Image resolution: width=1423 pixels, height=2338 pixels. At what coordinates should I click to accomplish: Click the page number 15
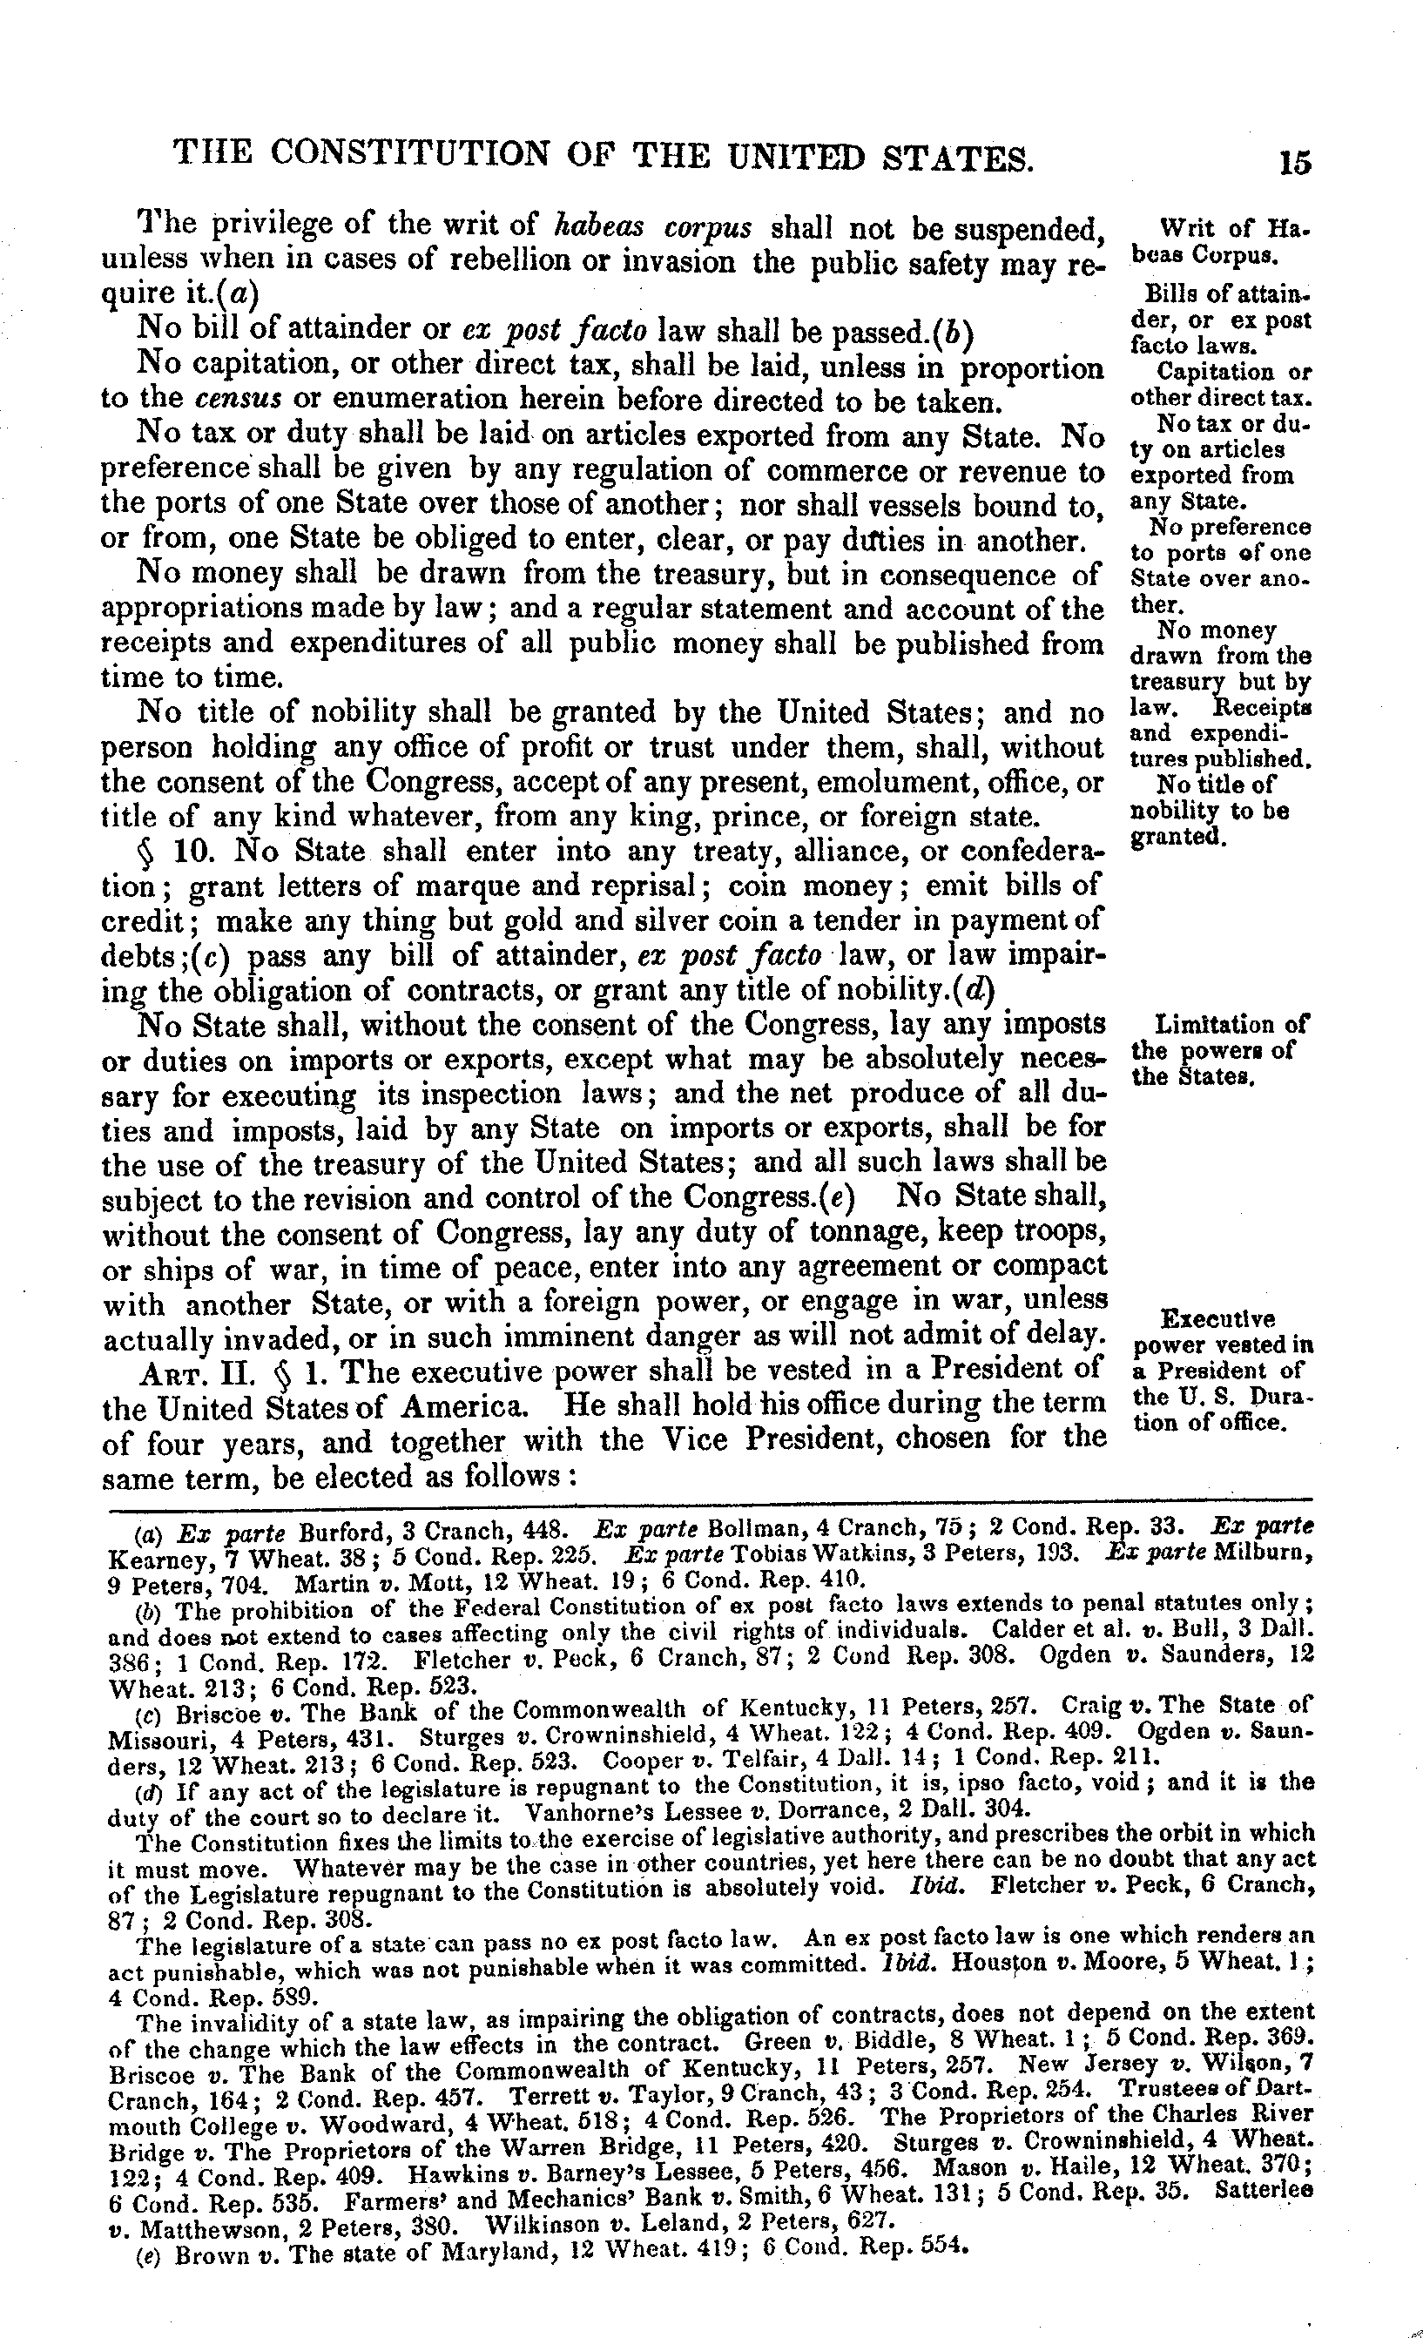click(x=1294, y=162)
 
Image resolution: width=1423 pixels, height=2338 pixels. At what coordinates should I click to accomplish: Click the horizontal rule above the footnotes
click(x=711, y=1500)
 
